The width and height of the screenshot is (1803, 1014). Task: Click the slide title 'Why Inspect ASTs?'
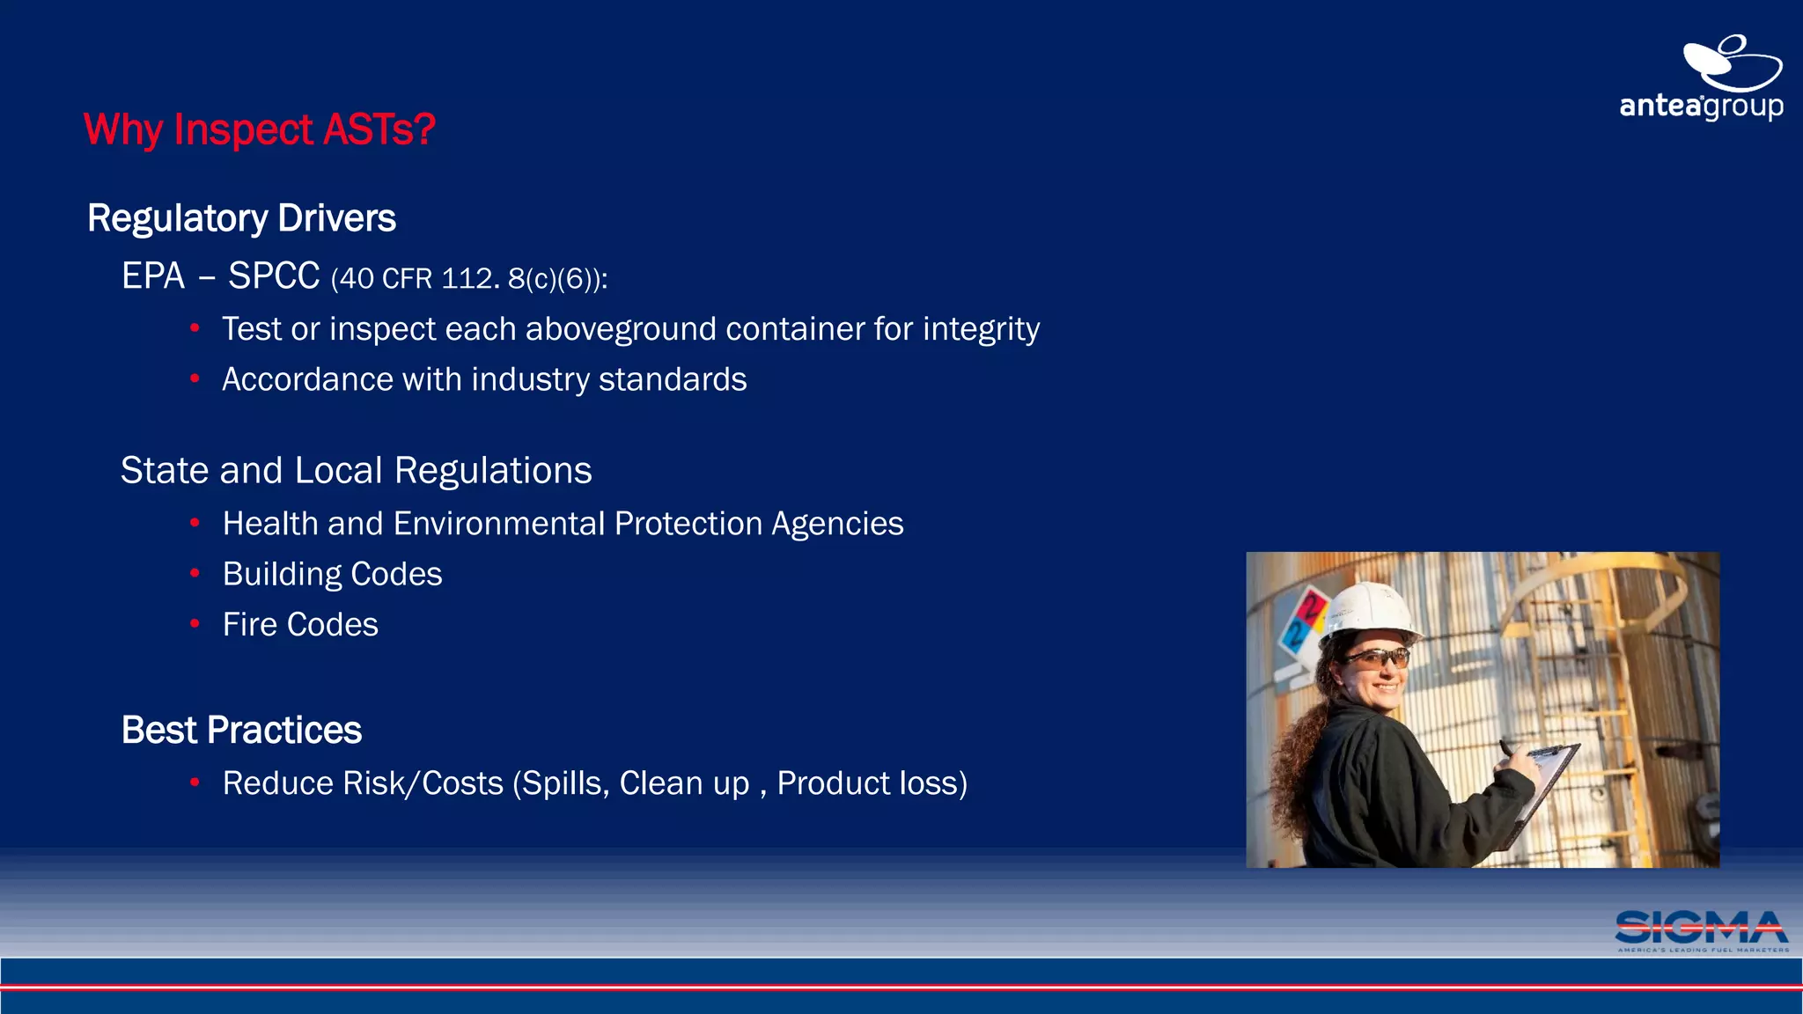tap(260, 129)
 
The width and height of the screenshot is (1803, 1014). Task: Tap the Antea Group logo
tap(1701, 79)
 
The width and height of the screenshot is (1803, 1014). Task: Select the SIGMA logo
tap(1702, 930)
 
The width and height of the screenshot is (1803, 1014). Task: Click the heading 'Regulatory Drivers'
tap(241, 218)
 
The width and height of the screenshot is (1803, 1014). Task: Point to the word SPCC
tap(274, 276)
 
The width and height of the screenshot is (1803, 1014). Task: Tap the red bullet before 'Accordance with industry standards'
tap(195, 379)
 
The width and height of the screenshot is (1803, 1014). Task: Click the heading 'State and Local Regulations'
tap(356, 470)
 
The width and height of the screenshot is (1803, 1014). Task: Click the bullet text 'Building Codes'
tap(332, 574)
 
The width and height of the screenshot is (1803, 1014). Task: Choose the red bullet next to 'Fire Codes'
tap(195, 624)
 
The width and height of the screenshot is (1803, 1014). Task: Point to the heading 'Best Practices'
tap(241, 730)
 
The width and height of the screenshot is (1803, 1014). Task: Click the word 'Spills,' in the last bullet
tap(565, 783)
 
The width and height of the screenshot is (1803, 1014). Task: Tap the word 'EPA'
tap(153, 276)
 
